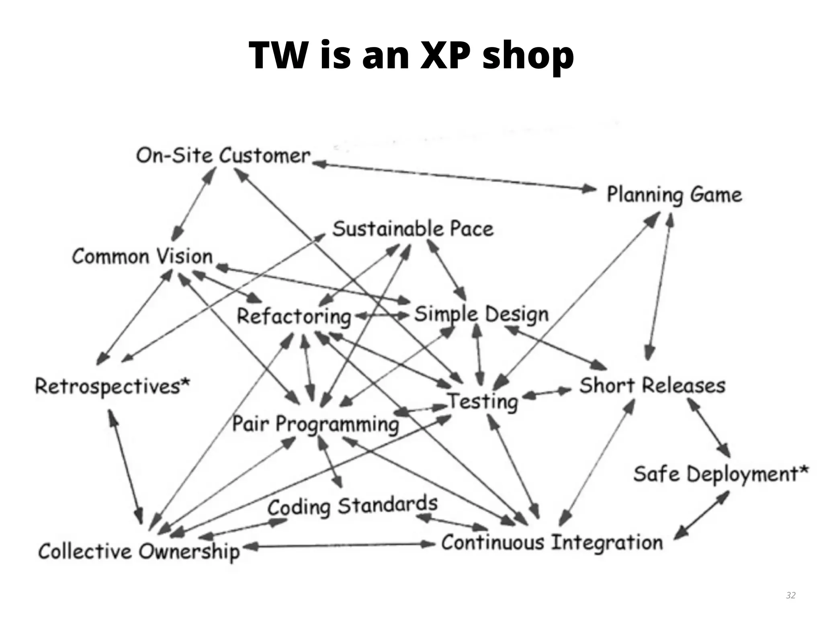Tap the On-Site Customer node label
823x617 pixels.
point(223,155)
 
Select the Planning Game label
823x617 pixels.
point(674,195)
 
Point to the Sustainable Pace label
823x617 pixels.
point(413,229)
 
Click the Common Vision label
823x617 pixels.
point(142,256)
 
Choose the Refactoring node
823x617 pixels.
point(294,316)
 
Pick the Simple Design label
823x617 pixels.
point(481,315)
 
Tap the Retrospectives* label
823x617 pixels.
point(112,386)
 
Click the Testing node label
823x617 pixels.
point(483,401)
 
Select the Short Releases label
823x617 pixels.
point(652,385)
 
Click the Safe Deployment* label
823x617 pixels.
point(721,474)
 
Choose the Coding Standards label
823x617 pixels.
point(352,506)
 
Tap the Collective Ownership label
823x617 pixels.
point(139,552)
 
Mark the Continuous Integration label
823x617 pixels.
point(552,543)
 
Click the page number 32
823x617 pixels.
point(790,595)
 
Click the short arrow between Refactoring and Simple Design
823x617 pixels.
point(382,316)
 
